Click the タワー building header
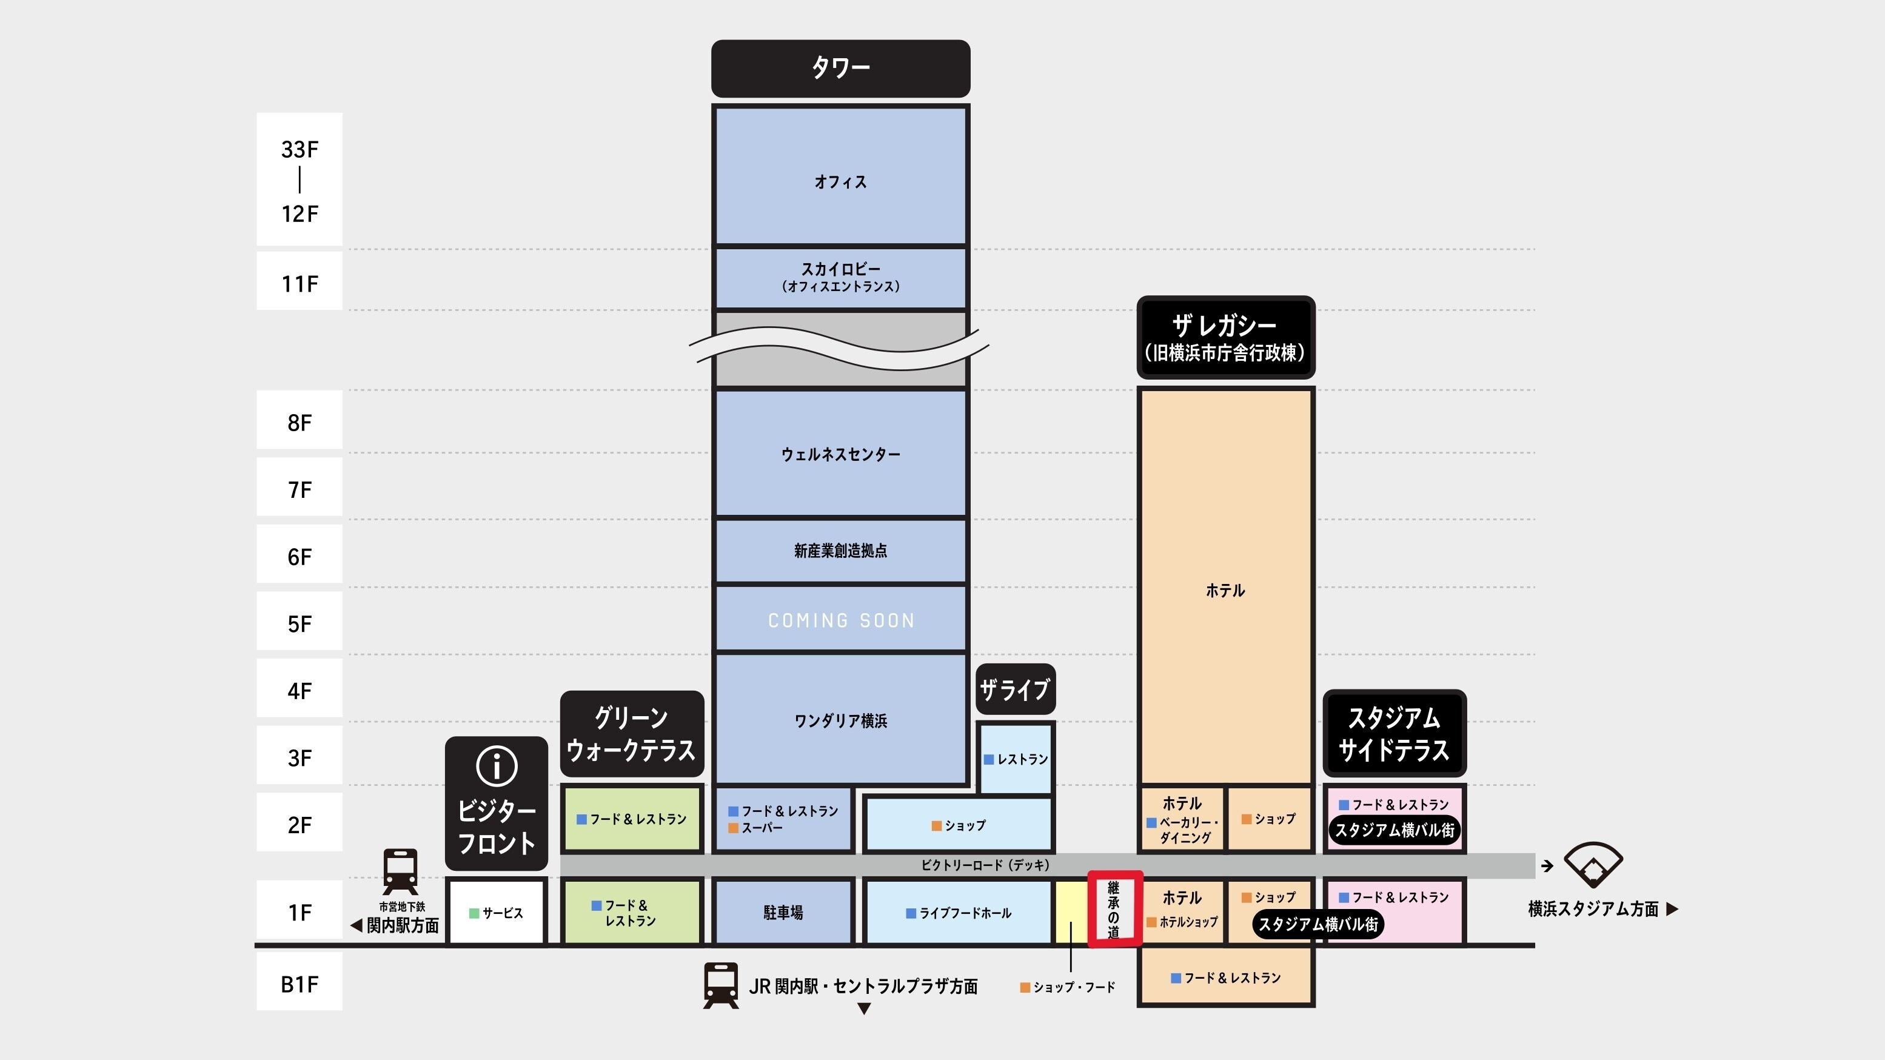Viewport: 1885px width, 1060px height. click(x=840, y=68)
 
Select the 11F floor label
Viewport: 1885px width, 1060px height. click(x=300, y=283)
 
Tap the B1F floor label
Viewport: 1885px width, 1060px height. click(x=300, y=983)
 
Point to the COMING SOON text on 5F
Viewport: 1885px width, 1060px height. click(x=841, y=620)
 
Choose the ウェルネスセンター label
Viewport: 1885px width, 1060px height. click(x=841, y=454)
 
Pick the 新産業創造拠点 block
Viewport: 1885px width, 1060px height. click(x=841, y=551)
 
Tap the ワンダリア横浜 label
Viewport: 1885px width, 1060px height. click(x=841, y=720)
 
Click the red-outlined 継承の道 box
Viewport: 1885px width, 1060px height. click(x=1114, y=908)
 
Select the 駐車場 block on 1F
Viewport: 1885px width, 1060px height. click(x=783, y=912)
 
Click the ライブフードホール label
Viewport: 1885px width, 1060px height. click(x=965, y=913)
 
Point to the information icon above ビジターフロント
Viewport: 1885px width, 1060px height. click(x=497, y=766)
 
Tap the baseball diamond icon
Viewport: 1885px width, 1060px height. click(x=1593, y=865)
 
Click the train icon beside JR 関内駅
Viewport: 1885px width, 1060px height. click(x=721, y=985)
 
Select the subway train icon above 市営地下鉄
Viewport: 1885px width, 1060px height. click(x=400, y=870)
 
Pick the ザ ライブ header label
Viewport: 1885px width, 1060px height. click(x=1015, y=689)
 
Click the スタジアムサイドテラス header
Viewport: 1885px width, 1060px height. click(x=1394, y=734)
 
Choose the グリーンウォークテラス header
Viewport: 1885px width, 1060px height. click(x=632, y=734)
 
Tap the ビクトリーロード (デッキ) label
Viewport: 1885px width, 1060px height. click(x=985, y=865)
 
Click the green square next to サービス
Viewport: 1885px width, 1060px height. click(x=474, y=913)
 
